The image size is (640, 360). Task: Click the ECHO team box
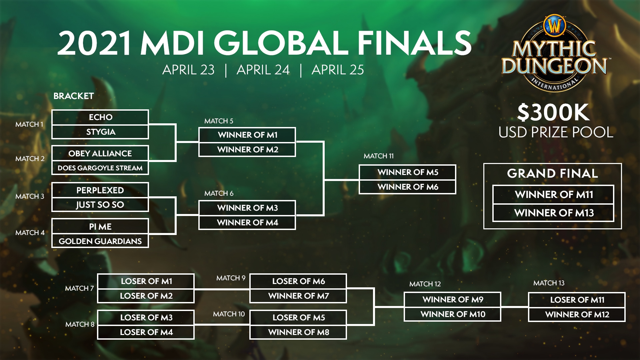pyautogui.click(x=100, y=117)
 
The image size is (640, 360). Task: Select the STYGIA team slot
pyautogui.click(x=100, y=132)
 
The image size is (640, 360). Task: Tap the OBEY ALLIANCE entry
pyautogui.click(x=100, y=153)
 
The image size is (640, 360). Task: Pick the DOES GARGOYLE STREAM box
pyautogui.click(x=100, y=168)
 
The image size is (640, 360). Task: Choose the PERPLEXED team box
pyautogui.click(x=100, y=190)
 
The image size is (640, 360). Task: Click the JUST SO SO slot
pyautogui.click(x=100, y=205)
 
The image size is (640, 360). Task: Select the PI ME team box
pyautogui.click(x=100, y=227)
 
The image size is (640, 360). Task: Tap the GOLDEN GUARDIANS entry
pyautogui.click(x=100, y=241)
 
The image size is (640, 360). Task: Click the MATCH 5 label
pyautogui.click(x=219, y=121)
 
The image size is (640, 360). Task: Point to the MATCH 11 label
pyautogui.click(x=379, y=156)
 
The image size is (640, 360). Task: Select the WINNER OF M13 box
pyautogui.click(x=553, y=213)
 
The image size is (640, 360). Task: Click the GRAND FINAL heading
pyautogui.click(x=553, y=173)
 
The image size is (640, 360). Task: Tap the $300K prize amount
pyautogui.click(x=553, y=112)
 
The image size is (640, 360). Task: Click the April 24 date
pyautogui.click(x=263, y=70)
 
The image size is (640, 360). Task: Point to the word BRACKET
pyautogui.click(x=74, y=96)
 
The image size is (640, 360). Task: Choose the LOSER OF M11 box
pyautogui.click(x=577, y=300)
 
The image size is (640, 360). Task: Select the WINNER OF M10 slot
pyautogui.click(x=452, y=314)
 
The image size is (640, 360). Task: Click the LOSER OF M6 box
pyautogui.click(x=298, y=281)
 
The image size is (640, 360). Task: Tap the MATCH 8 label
pyautogui.click(x=80, y=324)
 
